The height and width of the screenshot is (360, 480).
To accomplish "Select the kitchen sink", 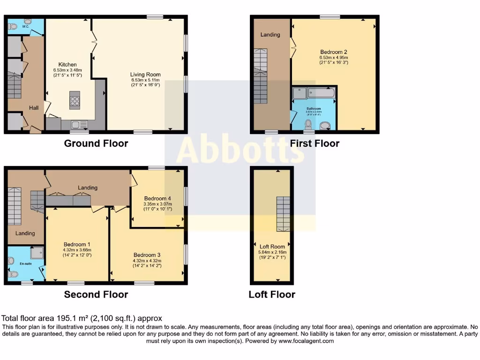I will click(78, 125).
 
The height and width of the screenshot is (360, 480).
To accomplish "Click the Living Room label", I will click(146, 75).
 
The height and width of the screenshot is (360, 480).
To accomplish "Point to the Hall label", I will click(34, 108).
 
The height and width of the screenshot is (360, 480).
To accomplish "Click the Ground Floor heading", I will click(96, 143).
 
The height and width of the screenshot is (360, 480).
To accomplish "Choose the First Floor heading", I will click(315, 143).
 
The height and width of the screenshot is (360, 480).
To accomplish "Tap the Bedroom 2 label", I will click(334, 52).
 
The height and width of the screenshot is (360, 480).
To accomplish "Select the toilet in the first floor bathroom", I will click(308, 124).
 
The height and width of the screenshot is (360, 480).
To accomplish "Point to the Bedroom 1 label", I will click(77, 245).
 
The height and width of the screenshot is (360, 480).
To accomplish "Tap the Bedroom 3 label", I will click(147, 255).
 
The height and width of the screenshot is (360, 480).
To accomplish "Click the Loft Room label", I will click(272, 247).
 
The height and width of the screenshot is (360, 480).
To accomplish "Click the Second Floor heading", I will click(96, 295).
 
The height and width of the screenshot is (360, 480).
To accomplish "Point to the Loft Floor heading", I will click(272, 295).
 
